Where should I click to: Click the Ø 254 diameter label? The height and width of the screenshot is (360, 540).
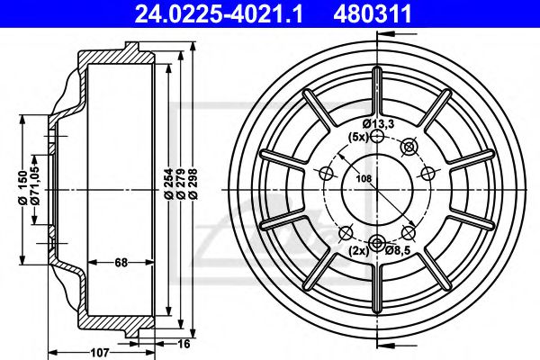tap(169, 185)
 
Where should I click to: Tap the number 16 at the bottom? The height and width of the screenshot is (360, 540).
tap(184, 343)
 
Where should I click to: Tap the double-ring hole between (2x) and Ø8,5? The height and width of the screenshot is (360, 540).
tap(377, 241)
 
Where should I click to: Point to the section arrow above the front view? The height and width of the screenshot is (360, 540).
tap(385, 34)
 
